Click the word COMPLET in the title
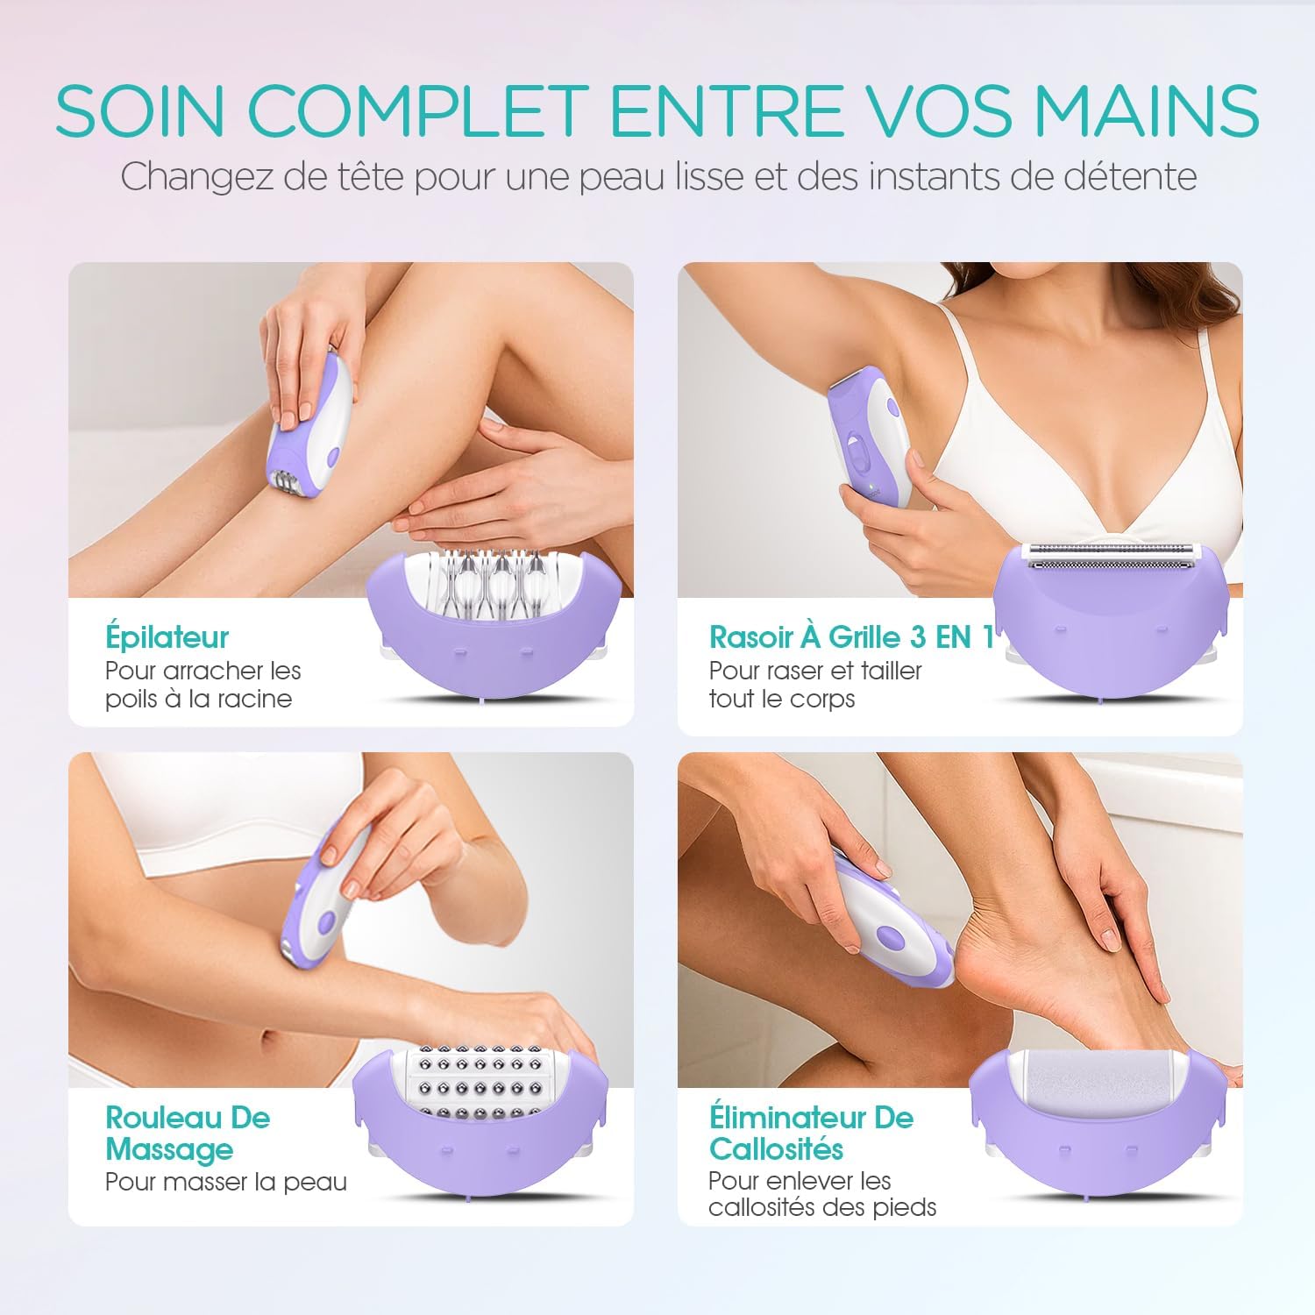(x=417, y=110)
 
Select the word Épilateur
(x=167, y=637)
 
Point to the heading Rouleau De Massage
(x=188, y=1133)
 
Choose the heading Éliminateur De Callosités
(x=811, y=1133)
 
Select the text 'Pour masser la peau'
(x=226, y=1182)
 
